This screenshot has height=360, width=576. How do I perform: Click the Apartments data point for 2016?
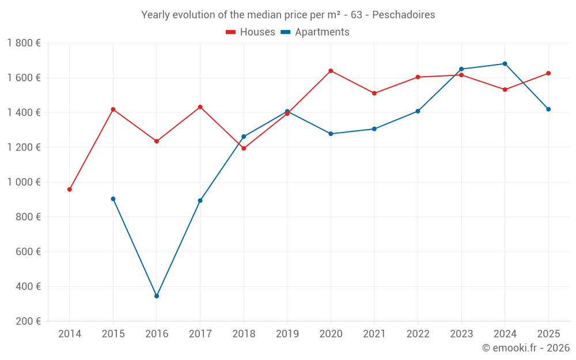pyautogui.click(x=157, y=296)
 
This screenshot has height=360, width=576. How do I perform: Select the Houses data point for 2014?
pyautogui.click(x=70, y=190)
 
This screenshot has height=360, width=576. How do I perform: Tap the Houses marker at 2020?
pyautogui.click(x=331, y=71)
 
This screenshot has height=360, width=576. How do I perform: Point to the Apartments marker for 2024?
pyautogui.click(x=505, y=64)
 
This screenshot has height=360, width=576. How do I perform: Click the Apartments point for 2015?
pyautogui.click(x=113, y=199)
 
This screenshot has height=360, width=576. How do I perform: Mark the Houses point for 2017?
pyautogui.click(x=200, y=107)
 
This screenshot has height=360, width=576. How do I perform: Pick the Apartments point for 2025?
pyautogui.click(x=548, y=109)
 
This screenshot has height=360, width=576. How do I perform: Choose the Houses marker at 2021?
pyautogui.click(x=374, y=93)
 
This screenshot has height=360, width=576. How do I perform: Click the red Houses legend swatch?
pyautogui.click(x=231, y=32)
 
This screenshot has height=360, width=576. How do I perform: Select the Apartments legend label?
pyautogui.click(x=322, y=32)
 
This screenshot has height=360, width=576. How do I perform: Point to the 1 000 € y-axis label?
pyautogui.click(x=24, y=182)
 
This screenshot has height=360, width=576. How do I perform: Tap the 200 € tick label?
pyautogui.click(x=27, y=321)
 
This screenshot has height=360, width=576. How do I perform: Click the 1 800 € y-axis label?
pyautogui.click(x=24, y=43)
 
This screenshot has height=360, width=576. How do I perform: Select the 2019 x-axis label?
pyautogui.click(x=287, y=334)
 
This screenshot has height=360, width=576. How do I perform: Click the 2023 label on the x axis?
pyautogui.click(x=461, y=334)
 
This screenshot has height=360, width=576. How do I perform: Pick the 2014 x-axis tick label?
pyautogui.click(x=70, y=334)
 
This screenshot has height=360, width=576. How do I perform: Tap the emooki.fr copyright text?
pyautogui.click(x=526, y=348)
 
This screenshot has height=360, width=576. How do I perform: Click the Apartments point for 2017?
pyautogui.click(x=200, y=200)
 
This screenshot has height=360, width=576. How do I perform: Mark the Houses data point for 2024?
pyautogui.click(x=505, y=90)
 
